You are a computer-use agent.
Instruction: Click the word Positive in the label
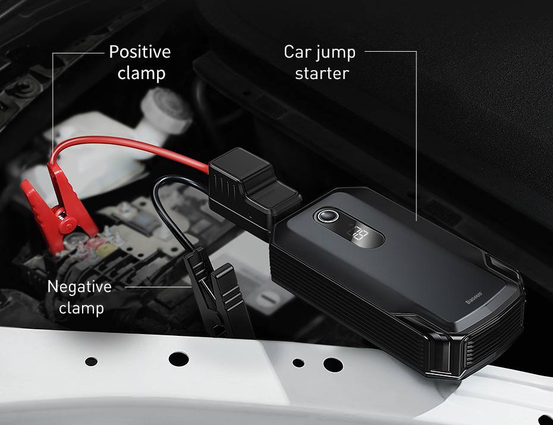(140, 52)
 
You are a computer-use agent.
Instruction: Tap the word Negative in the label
(79, 287)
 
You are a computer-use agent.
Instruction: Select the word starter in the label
(322, 73)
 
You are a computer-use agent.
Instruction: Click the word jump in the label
(335, 53)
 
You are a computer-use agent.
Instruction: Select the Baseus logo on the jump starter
(474, 298)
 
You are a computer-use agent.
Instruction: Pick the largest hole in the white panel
(178, 359)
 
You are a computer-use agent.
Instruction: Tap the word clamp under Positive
(142, 74)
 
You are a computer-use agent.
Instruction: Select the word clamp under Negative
(81, 308)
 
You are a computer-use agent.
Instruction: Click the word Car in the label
(297, 52)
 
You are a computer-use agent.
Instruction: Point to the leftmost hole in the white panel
(92, 361)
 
